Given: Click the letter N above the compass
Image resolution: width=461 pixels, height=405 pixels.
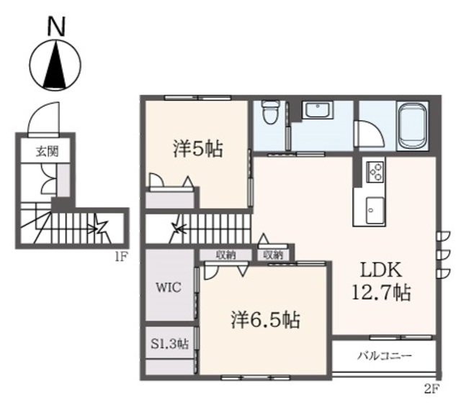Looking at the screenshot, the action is (56, 27).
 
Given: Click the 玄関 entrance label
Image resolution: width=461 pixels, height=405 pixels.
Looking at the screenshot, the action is (48, 152).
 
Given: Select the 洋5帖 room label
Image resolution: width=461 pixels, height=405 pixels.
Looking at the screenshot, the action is (197, 149).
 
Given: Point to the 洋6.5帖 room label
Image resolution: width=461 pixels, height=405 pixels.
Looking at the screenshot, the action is (265, 319).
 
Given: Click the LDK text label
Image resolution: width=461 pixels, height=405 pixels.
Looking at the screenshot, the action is (381, 270).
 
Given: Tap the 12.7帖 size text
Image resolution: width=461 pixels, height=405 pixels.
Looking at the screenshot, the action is (381, 291).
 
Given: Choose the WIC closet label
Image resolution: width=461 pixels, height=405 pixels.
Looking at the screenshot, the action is (168, 287).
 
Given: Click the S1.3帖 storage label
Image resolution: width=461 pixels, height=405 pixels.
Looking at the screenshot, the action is (170, 344).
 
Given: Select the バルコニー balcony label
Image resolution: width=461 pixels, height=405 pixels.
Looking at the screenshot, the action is (385, 356).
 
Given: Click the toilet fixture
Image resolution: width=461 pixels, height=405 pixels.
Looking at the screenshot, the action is (270, 112).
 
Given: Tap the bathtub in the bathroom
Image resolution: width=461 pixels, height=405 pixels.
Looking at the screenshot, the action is (412, 127).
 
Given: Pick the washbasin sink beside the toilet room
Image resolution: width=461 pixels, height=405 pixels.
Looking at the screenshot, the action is (318, 111).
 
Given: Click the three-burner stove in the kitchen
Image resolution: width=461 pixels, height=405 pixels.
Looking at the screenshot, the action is (375, 172).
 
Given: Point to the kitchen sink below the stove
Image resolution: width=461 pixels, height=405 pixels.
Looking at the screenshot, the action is (375, 211).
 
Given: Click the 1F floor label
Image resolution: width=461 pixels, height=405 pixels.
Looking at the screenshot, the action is (120, 258).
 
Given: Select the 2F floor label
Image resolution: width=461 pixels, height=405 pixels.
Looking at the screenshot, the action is (431, 389).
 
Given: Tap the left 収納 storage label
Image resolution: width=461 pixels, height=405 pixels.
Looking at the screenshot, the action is (225, 255).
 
